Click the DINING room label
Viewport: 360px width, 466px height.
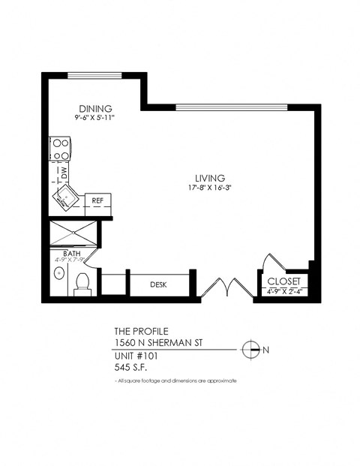click(x=94, y=107)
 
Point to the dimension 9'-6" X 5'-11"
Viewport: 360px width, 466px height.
click(x=94, y=117)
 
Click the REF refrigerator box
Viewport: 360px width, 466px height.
click(x=97, y=201)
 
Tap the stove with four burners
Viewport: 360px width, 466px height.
click(x=60, y=148)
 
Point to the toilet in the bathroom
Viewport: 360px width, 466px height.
click(x=82, y=284)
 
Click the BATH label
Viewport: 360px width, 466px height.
click(x=71, y=254)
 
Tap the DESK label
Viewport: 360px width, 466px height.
click(x=157, y=285)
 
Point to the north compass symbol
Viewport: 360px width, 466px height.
click(x=252, y=349)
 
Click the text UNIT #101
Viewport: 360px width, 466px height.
click(x=136, y=356)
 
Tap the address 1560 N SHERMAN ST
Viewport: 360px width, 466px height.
click(x=153, y=344)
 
